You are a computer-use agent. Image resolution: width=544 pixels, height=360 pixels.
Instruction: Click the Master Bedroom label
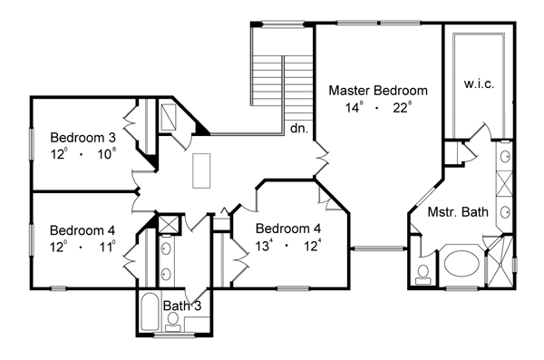point(378,91)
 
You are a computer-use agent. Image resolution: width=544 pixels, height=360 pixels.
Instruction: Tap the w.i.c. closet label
point(479,83)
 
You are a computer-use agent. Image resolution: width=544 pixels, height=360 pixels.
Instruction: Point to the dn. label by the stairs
point(299,129)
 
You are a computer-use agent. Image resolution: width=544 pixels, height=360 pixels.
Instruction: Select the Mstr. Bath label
point(458,212)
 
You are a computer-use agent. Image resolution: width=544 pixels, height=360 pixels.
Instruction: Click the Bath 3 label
point(182,306)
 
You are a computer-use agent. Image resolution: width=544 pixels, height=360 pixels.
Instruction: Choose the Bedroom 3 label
point(83,138)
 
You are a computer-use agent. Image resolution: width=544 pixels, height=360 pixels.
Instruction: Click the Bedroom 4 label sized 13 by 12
point(288,229)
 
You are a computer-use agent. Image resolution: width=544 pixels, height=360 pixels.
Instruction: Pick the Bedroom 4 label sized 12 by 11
point(83,230)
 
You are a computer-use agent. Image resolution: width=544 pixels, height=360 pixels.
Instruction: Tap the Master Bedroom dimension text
point(378,108)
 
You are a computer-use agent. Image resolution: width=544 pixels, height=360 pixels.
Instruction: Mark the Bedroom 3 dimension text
point(83,154)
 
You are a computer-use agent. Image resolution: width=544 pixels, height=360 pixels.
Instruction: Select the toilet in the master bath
point(423,274)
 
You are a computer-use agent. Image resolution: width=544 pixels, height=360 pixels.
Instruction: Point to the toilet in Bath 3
point(172,321)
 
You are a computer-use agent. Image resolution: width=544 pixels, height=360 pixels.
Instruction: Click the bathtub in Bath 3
point(150,312)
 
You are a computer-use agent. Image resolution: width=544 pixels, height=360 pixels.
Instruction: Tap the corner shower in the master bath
point(500,261)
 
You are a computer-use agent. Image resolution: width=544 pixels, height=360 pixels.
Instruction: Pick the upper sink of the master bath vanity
point(505,157)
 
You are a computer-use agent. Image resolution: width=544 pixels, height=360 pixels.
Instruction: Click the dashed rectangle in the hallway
point(201,170)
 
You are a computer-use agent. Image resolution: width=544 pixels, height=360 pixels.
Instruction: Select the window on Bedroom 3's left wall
point(32,144)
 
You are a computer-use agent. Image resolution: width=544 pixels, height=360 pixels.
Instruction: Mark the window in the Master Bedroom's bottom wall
point(378,248)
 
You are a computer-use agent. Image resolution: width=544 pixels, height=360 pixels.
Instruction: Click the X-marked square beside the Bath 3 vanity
point(169,224)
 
